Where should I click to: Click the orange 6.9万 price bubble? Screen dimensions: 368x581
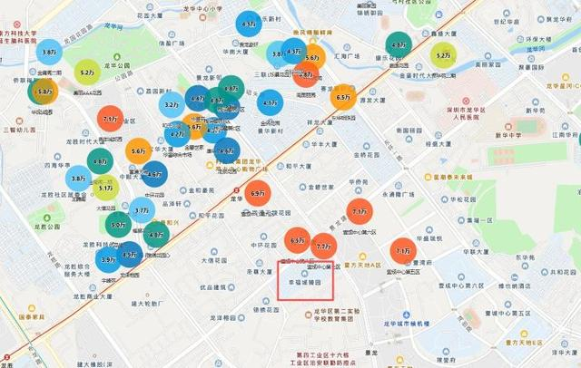tap(258, 192)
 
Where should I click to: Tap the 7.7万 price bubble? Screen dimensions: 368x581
tap(323, 246)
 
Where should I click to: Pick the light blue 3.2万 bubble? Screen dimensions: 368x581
tap(172, 104)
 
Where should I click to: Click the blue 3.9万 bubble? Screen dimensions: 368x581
tap(108, 259)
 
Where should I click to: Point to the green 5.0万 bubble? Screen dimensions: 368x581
tap(118, 224)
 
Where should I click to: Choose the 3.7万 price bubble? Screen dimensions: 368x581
tap(142, 210)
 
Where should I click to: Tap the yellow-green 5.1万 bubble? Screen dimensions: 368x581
tap(106, 189)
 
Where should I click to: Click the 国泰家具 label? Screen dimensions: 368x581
tap(34, 317)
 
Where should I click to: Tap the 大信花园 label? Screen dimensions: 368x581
tap(218, 259)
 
